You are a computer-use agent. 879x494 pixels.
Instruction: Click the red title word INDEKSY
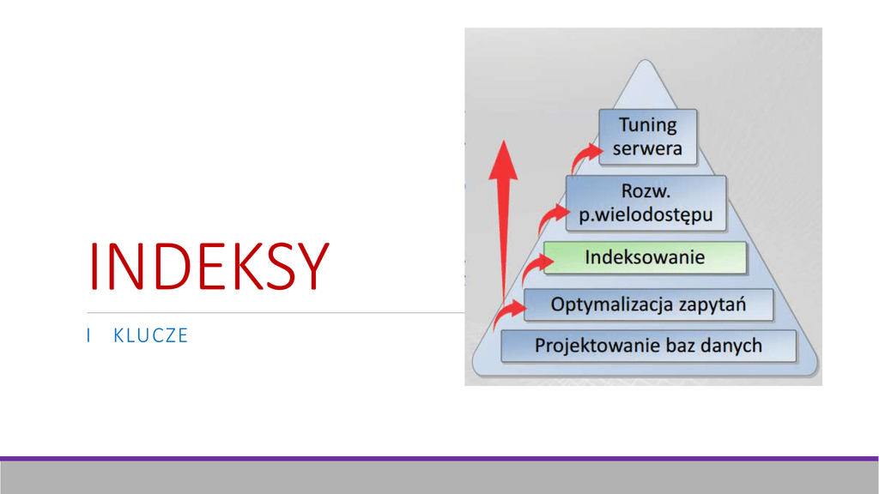pyautogui.click(x=209, y=267)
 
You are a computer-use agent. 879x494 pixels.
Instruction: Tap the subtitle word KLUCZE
pyautogui.click(x=150, y=335)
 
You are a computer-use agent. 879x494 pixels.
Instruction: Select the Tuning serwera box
pyautogui.click(x=647, y=136)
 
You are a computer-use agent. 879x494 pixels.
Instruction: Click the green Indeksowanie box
pyautogui.click(x=645, y=257)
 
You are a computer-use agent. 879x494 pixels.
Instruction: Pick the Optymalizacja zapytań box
pyautogui.click(x=648, y=304)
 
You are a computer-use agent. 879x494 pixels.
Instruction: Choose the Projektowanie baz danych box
pyautogui.click(x=648, y=346)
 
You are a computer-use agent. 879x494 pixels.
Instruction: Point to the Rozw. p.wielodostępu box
pyautogui.click(x=646, y=203)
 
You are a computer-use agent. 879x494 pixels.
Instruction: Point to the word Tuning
pyautogui.click(x=648, y=124)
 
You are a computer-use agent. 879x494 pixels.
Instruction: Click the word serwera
pyautogui.click(x=647, y=148)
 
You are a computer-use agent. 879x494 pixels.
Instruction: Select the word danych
pyautogui.click(x=730, y=346)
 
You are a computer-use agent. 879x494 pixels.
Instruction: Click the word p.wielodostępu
pyautogui.click(x=646, y=214)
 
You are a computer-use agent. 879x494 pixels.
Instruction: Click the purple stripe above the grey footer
pyautogui.click(x=439, y=459)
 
